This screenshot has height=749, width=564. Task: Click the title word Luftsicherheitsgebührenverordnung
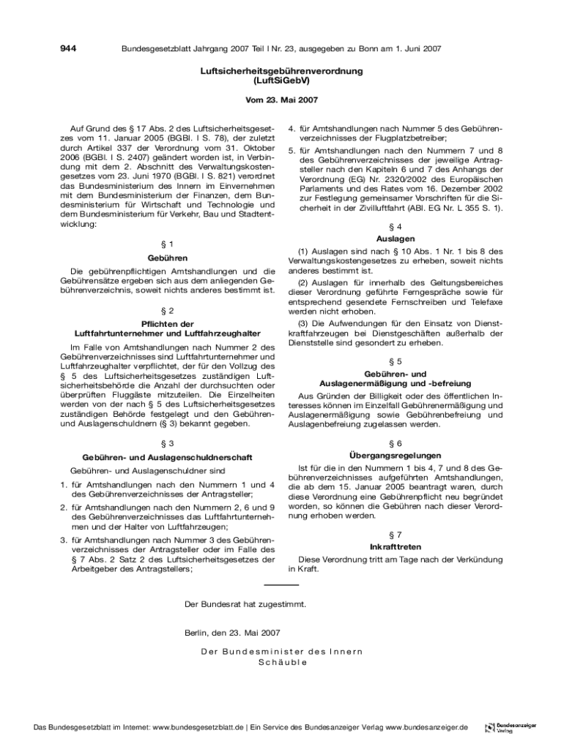click(x=282, y=72)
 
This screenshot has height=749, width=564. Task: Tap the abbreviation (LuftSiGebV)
click(x=282, y=81)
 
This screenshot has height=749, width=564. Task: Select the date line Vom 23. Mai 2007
click(x=282, y=100)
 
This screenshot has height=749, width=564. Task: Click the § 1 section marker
click(x=168, y=243)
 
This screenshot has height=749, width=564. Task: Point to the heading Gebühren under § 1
click(x=168, y=258)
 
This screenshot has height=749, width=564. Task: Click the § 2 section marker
click(x=168, y=310)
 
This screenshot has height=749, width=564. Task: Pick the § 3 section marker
click(x=168, y=443)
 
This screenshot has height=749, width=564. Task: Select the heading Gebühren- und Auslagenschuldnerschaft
click(x=168, y=457)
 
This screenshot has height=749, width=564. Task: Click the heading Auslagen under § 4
click(x=396, y=238)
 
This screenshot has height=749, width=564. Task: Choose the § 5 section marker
click(x=396, y=361)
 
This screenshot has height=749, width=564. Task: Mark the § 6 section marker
click(x=396, y=443)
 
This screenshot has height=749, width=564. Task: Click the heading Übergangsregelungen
click(x=396, y=455)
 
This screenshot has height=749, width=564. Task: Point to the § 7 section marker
click(x=396, y=535)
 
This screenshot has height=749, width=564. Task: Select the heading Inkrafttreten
click(x=396, y=547)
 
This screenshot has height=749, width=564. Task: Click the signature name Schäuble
click(x=282, y=663)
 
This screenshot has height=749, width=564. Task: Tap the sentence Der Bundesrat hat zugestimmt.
click(x=245, y=605)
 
